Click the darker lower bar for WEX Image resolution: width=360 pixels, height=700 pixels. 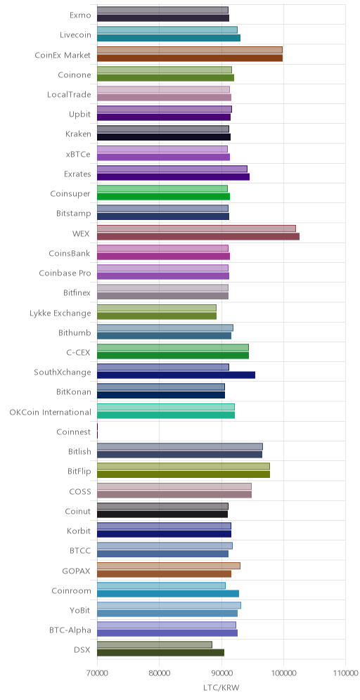(198, 237)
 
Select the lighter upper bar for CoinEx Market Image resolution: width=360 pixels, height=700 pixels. (189, 50)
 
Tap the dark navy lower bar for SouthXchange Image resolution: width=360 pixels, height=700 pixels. (176, 375)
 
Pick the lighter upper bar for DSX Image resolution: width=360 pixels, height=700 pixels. (155, 644)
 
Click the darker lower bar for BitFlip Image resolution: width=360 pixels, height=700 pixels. (183, 474)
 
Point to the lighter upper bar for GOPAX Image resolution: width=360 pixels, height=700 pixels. (168, 566)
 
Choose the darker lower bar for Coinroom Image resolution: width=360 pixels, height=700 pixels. (168, 593)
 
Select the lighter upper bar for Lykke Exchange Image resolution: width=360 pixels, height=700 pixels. (156, 308)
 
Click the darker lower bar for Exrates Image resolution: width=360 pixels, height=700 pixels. (173, 177)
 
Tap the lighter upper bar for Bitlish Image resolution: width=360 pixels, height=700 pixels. (179, 446)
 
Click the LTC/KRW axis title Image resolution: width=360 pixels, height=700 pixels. (221, 688)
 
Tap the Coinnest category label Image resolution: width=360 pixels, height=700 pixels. (74, 432)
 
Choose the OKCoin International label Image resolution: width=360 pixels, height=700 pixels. (50, 412)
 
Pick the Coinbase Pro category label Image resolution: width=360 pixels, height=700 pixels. (65, 273)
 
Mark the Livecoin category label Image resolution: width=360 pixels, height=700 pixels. (75, 34)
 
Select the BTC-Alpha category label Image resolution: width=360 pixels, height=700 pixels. (70, 630)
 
